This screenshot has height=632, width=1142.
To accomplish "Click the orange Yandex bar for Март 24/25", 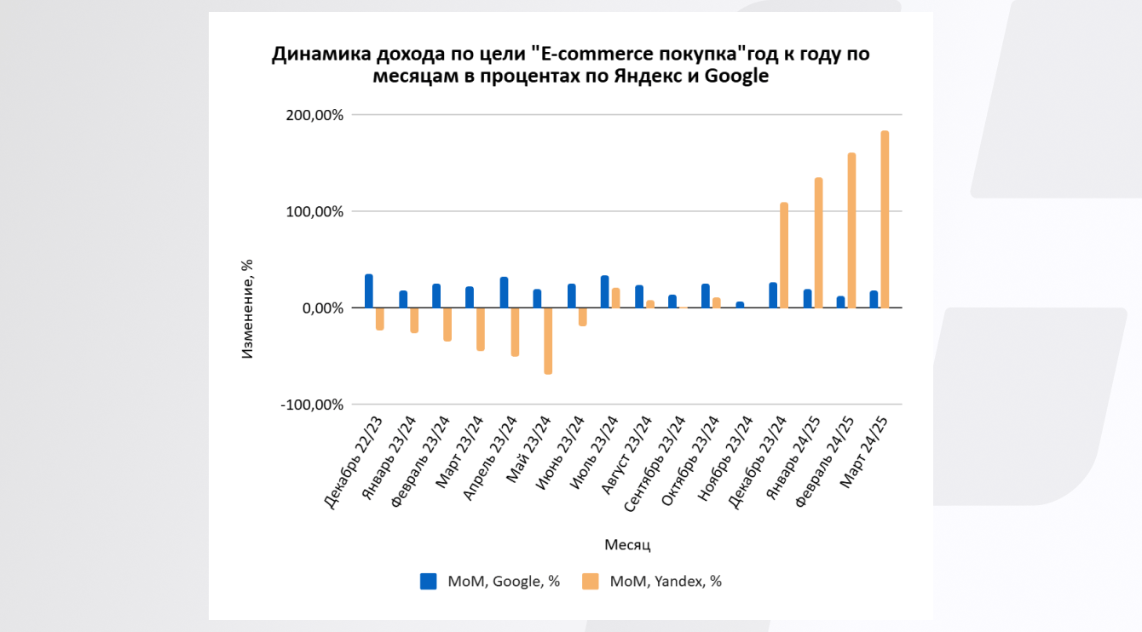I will [885, 220].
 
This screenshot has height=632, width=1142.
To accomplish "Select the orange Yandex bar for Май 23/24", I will [548, 341].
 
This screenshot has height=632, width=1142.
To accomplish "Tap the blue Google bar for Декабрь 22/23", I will [369, 291].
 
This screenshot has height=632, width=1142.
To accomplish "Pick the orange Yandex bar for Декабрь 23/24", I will [783, 256].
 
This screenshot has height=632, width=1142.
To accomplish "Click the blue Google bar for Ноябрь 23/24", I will [740, 305].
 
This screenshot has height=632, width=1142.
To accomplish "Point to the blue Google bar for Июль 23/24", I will [604, 292].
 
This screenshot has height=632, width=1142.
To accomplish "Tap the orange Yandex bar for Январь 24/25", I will [817, 243].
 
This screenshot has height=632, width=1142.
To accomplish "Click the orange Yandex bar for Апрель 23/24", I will [515, 331].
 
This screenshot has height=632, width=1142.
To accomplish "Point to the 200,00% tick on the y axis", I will [312, 115].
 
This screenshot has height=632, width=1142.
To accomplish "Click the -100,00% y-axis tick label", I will [312, 405].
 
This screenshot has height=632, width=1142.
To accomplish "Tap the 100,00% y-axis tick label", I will [312, 211].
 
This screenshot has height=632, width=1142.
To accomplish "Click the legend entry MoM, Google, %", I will [503, 582].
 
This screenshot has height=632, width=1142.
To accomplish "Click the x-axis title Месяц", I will [627, 544].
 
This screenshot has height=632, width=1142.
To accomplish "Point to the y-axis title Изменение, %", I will [247, 308].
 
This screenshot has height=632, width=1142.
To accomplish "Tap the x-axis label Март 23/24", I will [461, 452].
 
